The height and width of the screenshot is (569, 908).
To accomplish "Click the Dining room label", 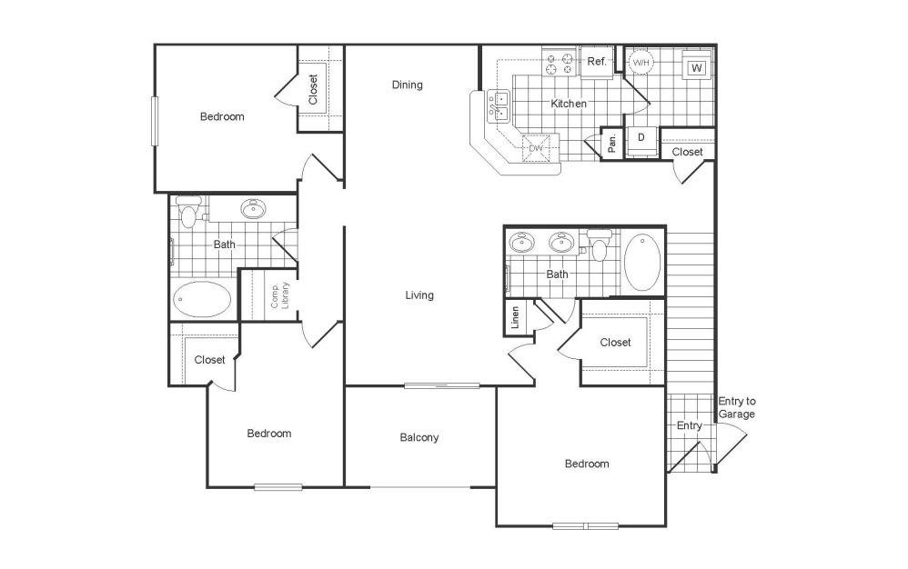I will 408,85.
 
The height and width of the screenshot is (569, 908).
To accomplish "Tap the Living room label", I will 419,295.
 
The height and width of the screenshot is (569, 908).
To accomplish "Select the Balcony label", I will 419,437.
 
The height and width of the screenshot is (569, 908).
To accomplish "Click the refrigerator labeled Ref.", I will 597,63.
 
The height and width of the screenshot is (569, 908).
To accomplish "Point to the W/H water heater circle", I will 641,62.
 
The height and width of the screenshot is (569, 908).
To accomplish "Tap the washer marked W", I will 697,68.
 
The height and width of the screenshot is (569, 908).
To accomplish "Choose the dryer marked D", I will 642,137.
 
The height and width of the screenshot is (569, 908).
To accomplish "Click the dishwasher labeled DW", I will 536,148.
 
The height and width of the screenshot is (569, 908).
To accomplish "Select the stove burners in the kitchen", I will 558,63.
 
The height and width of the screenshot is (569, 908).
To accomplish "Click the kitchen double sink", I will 499,106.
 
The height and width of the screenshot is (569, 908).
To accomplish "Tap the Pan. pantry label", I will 612,142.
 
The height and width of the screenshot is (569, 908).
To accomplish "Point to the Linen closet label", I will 515,317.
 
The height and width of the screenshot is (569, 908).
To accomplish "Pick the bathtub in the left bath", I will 202,299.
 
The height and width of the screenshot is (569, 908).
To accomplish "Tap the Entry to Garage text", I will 737,407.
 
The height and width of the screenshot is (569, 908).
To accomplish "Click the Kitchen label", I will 569,104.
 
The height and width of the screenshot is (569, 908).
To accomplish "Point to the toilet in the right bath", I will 599,245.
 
